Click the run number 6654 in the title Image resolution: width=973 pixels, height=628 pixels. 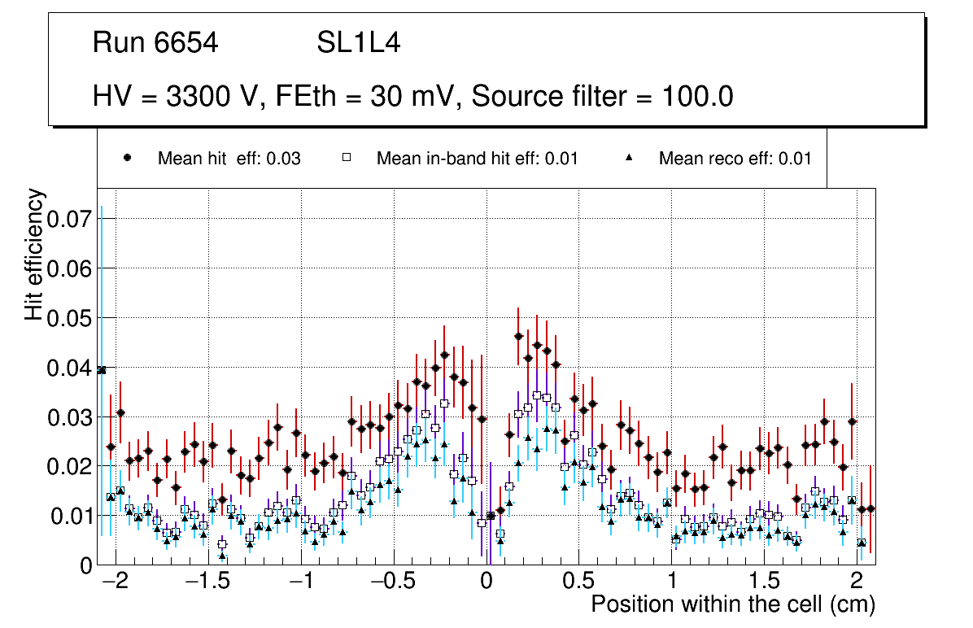(x=186, y=43)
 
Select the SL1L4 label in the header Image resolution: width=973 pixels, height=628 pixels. (x=358, y=43)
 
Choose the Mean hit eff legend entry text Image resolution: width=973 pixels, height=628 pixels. (x=229, y=159)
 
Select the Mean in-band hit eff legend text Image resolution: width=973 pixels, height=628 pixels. (x=477, y=159)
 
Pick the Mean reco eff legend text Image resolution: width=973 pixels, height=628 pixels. (x=735, y=159)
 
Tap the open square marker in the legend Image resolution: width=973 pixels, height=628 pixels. (x=347, y=158)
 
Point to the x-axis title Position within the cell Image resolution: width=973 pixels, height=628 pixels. (x=732, y=605)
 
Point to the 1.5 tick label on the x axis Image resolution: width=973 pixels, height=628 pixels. (x=763, y=582)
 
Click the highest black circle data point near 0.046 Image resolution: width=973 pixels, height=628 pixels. (x=518, y=336)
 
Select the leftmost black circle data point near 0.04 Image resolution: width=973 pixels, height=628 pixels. (x=102, y=370)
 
